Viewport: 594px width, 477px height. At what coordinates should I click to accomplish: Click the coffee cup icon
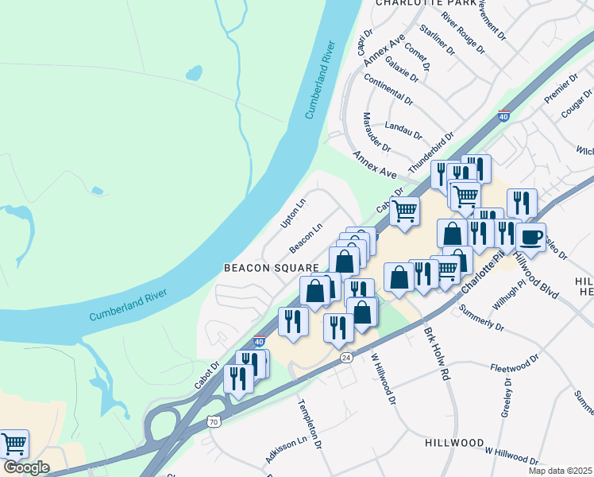pyautogui.click(x=530, y=236)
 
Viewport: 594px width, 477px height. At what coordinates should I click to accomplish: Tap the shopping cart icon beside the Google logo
pyautogui.click(x=13, y=444)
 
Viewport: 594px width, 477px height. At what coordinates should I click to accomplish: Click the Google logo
pyautogui.click(x=25, y=467)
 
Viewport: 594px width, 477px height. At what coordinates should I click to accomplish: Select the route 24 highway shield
pyautogui.click(x=346, y=358)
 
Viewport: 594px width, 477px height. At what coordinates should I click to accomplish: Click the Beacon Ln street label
pyautogui.click(x=306, y=234)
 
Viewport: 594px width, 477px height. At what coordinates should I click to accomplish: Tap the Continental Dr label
pyautogui.click(x=388, y=90)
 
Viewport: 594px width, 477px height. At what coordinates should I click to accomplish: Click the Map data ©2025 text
pyautogui.click(x=560, y=471)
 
